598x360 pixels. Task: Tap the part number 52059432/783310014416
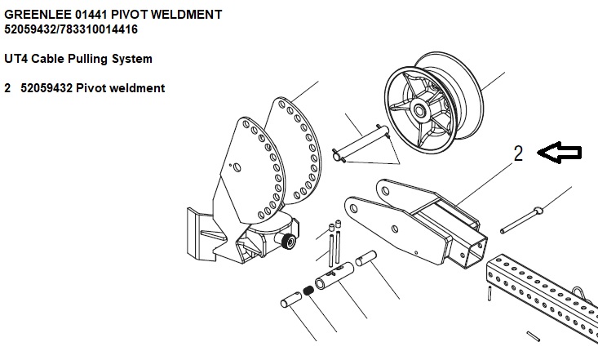[x=71, y=29]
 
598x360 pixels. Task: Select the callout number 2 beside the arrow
[x=518, y=154]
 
